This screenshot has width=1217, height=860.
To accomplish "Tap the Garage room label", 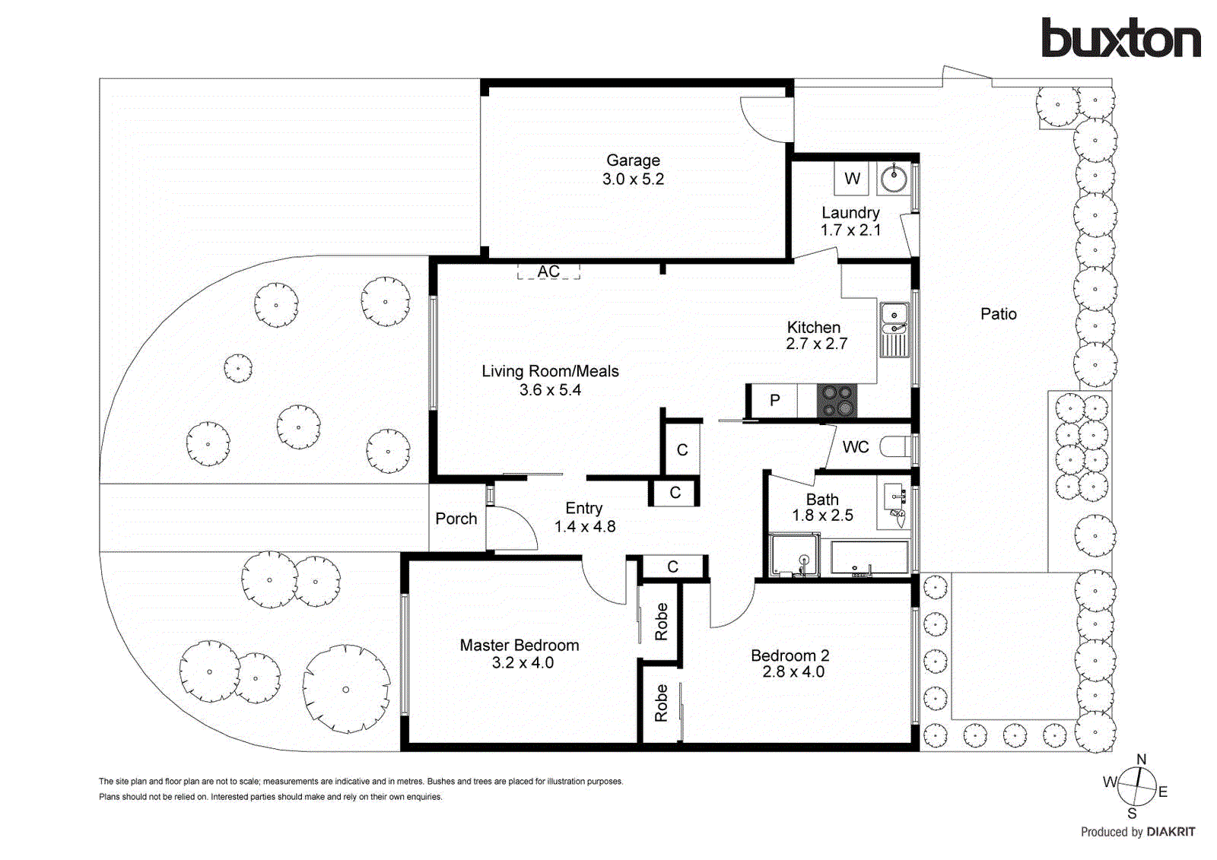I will [x=633, y=160].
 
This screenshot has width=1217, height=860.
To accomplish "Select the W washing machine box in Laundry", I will [x=852, y=178].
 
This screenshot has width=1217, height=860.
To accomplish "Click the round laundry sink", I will [x=894, y=179].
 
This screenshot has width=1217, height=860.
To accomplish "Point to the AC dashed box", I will [x=548, y=271].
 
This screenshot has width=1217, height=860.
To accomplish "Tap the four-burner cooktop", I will [x=837, y=401].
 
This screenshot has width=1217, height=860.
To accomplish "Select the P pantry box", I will [x=774, y=400].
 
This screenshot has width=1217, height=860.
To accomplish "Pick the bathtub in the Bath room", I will [x=869, y=557].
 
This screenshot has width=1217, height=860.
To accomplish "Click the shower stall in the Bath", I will [x=794, y=556].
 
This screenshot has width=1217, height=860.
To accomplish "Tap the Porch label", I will [x=456, y=519].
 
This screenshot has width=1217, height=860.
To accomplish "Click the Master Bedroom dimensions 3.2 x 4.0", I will [x=523, y=663].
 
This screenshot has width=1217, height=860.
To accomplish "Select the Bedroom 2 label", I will [x=790, y=655].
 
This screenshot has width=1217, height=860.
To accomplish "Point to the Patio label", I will [x=998, y=314].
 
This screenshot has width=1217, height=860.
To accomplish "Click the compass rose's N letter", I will [x=1141, y=760].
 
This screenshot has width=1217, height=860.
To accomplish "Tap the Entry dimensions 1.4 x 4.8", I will [x=584, y=526].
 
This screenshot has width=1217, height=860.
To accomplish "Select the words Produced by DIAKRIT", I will [x=1137, y=832].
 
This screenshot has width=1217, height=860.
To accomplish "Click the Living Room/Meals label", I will [x=550, y=371].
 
